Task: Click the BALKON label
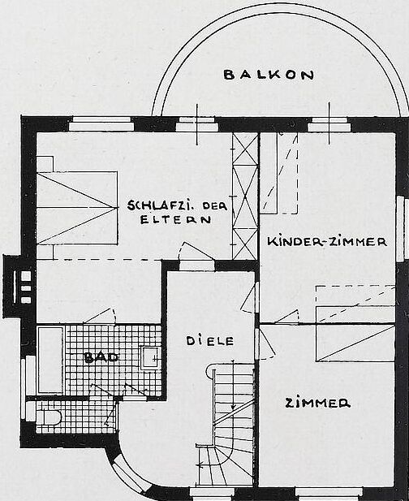tap(269, 75)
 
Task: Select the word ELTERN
tap(175, 220)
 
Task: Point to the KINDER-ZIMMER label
tap(327, 241)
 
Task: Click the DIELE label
tap(210, 341)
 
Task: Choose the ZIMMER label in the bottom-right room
tap(317, 403)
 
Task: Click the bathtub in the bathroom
tap(51, 360)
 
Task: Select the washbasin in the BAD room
tap(150, 358)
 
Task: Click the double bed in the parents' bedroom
tap(77, 208)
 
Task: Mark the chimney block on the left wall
tap(19, 287)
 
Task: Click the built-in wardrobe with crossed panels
tap(245, 197)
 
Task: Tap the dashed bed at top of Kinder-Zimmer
tap(278, 173)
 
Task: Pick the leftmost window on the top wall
tap(101, 124)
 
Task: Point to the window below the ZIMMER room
tap(329, 494)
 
